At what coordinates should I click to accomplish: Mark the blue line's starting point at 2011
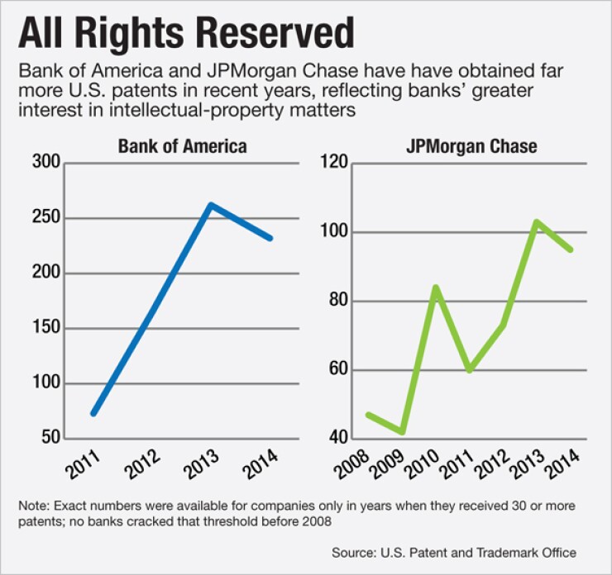click(x=93, y=413)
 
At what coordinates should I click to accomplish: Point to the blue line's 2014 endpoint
click(x=271, y=238)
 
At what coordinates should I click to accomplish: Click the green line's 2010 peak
click(x=435, y=287)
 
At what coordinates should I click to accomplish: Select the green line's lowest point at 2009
click(x=401, y=432)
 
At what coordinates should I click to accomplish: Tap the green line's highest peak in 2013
click(x=537, y=221)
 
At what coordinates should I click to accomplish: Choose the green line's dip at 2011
click(x=469, y=370)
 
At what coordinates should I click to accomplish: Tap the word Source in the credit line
click(x=352, y=553)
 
